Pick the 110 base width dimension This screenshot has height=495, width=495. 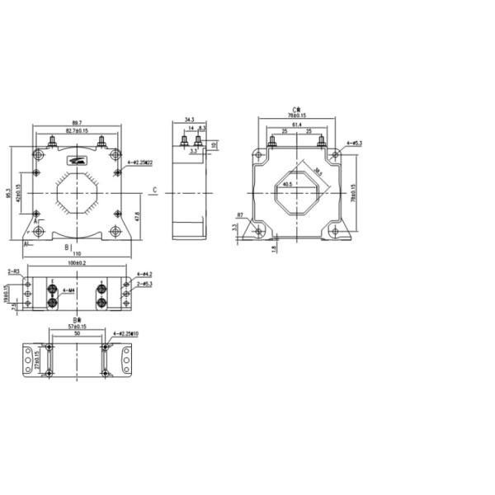(77, 253)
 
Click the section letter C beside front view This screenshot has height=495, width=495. (155, 191)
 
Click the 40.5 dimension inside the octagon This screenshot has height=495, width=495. (288, 185)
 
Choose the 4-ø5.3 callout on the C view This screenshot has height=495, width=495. (355, 144)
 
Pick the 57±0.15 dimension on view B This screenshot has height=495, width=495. (77, 327)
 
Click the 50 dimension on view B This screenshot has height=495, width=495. (77, 336)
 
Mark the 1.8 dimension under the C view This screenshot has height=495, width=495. (272, 248)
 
